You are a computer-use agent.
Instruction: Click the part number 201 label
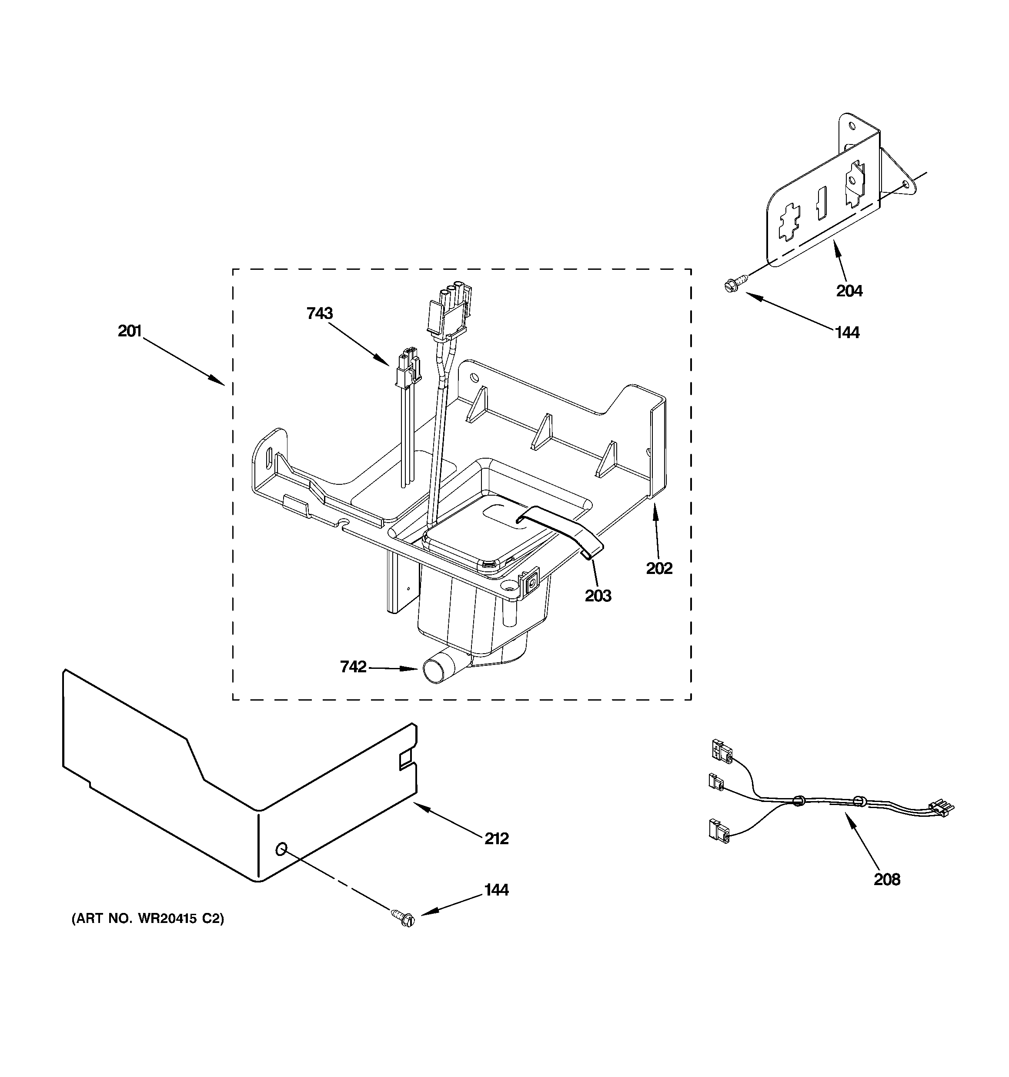(130, 331)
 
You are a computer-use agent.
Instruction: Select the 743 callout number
(320, 313)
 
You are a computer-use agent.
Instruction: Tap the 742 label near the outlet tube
(353, 667)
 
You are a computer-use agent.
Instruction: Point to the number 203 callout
(598, 596)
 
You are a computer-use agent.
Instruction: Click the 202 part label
(659, 568)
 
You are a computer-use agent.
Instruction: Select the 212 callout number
(496, 839)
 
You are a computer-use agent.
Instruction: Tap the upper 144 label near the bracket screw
(847, 332)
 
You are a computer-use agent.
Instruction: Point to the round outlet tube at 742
(436, 671)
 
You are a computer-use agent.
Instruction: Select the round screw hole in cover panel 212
(281, 849)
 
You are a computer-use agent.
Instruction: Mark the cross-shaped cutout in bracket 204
(790, 224)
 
